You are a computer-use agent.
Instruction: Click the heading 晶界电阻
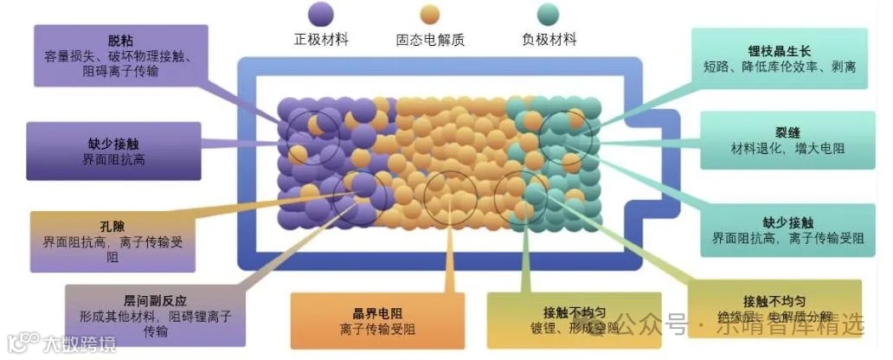374,312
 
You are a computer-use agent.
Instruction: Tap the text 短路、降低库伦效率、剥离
781,66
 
